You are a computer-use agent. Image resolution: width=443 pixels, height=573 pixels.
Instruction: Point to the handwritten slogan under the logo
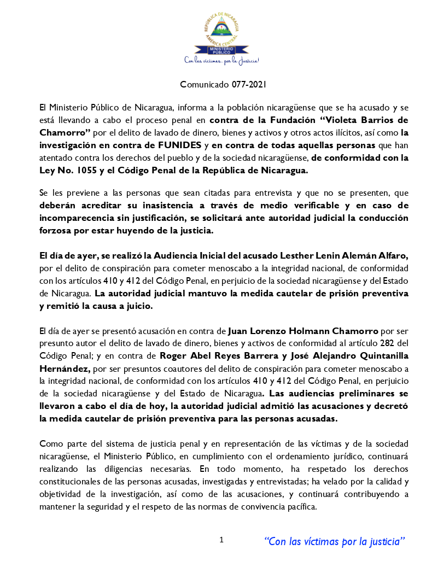pos(221,60)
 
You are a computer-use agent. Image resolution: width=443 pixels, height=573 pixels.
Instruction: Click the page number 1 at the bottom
pos(221,540)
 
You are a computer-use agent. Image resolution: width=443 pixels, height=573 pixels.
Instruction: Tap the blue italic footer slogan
pos(335,541)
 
